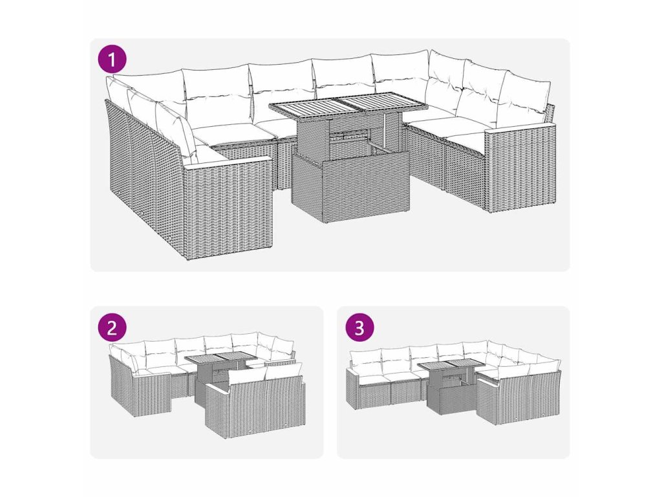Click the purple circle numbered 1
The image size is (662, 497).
(112, 59)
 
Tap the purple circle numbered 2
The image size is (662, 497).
(112, 327)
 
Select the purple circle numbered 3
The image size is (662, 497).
(359, 327)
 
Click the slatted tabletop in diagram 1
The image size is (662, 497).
(348, 104)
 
